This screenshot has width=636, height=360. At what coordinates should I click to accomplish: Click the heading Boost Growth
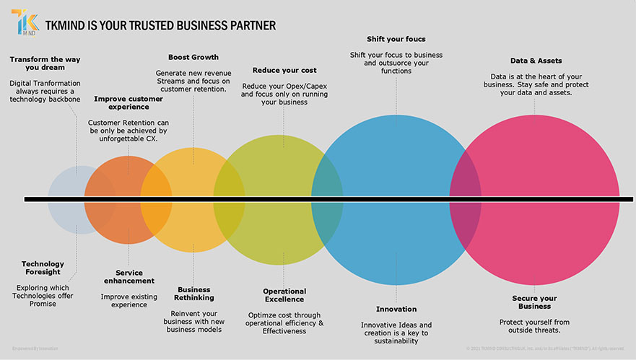[x=193, y=57]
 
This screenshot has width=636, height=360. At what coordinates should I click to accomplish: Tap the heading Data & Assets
[x=536, y=61]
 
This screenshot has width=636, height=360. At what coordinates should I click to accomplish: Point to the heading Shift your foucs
[x=396, y=38]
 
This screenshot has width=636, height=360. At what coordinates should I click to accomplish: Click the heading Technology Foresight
[x=43, y=268]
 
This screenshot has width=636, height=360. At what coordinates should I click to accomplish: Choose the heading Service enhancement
[x=128, y=276]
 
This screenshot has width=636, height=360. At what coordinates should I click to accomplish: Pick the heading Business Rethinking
[x=193, y=294]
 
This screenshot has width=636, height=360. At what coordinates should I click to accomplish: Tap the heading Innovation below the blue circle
[x=396, y=309]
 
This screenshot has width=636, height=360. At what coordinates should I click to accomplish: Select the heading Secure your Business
[x=536, y=302]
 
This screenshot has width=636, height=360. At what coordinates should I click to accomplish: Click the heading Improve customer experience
[x=128, y=103]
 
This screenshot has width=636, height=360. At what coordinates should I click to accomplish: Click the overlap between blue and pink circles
[x=466, y=198]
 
